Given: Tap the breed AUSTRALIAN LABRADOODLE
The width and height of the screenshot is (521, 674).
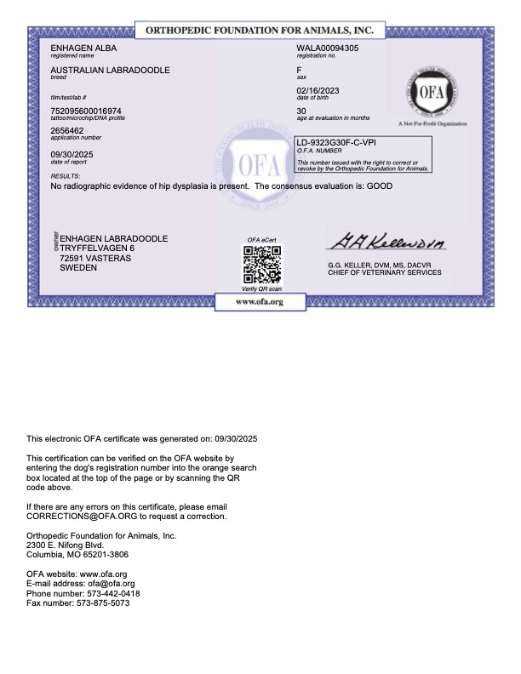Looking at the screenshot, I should [111, 69].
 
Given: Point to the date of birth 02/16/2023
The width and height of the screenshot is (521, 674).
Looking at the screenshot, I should [316, 90].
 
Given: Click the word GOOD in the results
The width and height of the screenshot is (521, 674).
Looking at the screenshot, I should [380, 185].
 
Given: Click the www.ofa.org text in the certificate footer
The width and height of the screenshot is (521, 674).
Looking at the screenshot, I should [260, 301].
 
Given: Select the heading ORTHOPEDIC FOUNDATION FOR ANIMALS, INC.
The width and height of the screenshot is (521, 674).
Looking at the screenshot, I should [260, 31].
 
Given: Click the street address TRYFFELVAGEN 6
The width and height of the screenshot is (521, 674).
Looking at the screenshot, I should [98, 248].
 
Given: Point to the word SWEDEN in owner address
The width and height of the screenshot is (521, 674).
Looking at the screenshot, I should [78, 267].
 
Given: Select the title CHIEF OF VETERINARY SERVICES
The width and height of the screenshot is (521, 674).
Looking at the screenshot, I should [385, 273].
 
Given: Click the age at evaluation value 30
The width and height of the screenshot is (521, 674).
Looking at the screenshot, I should [301, 111].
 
